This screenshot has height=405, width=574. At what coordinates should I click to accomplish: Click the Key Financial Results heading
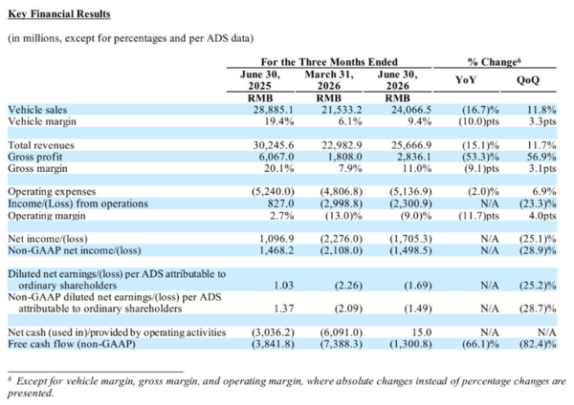59,14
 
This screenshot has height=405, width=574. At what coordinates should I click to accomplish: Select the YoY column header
465,79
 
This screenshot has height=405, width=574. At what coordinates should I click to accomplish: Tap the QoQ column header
527,80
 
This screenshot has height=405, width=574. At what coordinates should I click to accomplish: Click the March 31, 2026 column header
329,80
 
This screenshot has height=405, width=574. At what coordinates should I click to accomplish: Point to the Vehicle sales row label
37,110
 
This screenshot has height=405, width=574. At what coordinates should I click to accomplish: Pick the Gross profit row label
35,158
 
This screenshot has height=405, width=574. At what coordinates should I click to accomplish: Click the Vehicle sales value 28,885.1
273,110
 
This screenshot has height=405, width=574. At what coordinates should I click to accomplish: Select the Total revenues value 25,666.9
411,145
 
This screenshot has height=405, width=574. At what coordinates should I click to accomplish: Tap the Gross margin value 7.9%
350,168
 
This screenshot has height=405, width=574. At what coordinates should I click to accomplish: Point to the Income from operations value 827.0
280,203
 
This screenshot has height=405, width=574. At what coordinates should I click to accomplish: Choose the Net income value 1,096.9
276,239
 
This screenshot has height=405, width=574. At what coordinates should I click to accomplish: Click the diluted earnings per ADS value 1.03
284,285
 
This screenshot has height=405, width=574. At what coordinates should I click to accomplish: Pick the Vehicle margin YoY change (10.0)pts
479,121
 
